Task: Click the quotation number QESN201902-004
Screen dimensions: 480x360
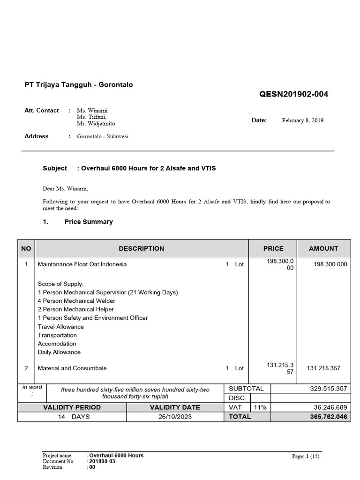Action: pyautogui.click(x=293, y=94)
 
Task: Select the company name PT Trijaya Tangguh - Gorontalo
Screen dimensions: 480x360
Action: pyautogui.click(x=78, y=85)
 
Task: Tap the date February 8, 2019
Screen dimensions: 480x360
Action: pyautogui.click(x=302, y=120)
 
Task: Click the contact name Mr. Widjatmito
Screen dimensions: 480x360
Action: pyautogui.click(x=96, y=124)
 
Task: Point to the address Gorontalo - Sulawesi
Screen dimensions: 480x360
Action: pyautogui.click(x=102, y=136)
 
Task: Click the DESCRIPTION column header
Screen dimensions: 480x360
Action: pyautogui.click(x=141, y=248)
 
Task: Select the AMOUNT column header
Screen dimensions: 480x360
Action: pyautogui.click(x=323, y=248)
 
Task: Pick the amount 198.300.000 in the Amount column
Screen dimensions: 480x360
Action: pyautogui.click(x=330, y=264)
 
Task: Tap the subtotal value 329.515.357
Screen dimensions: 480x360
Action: pyautogui.click(x=328, y=389)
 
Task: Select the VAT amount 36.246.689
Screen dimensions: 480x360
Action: pyautogui.click(x=330, y=407)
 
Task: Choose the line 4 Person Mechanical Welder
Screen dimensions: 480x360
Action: pyautogui.click(x=76, y=301)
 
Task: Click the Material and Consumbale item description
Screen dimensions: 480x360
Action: pyautogui.click(x=72, y=368)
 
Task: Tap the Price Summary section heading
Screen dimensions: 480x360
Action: pyautogui.click(x=88, y=222)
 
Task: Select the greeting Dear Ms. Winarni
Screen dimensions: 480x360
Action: pyautogui.click(x=65, y=189)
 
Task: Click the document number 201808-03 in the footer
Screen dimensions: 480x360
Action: pyautogui.click(x=102, y=461)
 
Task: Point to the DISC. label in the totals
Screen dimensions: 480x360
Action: pyautogui.click(x=238, y=398)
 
